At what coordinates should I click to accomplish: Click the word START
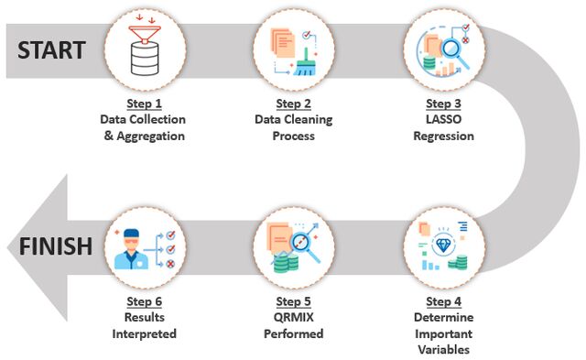coord(51,50)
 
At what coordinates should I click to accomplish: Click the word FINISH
coord(56,246)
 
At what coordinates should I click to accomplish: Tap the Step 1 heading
coord(145,104)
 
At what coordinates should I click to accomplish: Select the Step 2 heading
coord(293,104)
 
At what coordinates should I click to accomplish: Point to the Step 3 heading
coord(443,104)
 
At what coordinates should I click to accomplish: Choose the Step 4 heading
coord(443,301)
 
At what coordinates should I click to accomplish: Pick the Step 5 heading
coord(293,301)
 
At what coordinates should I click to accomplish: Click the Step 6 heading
coord(145,301)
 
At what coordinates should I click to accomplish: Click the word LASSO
coord(443,119)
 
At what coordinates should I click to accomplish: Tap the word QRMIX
coord(293,317)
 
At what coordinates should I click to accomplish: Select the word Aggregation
coord(150,136)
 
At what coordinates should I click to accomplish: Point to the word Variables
coord(443,350)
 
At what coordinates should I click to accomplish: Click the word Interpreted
coord(145,333)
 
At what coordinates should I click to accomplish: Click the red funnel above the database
coord(145,34)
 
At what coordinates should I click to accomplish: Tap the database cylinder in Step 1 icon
coord(145,59)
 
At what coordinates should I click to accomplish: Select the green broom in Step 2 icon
coord(305,62)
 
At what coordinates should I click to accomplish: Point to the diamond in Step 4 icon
coord(443,245)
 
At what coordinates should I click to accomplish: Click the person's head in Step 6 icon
coord(131,239)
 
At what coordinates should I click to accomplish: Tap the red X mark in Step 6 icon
coord(170,264)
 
